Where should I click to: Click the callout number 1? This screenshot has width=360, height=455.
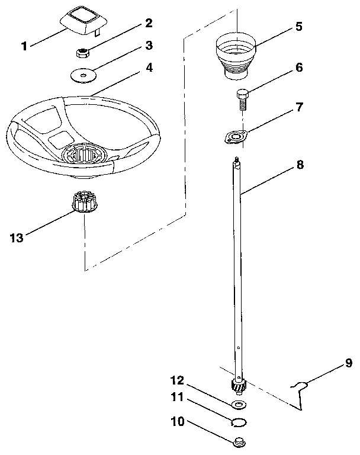coord(24,46)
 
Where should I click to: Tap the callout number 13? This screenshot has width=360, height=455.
coord(18,238)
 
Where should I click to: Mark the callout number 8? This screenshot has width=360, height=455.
coord(300,165)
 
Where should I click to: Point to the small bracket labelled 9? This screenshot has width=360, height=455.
coord(301,388)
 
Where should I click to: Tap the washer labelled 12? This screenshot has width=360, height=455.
coord(239,405)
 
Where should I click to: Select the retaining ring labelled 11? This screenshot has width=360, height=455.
coord(239,422)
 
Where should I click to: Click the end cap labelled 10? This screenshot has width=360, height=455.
coord(240,441)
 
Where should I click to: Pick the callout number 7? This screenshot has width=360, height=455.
coord(300,107)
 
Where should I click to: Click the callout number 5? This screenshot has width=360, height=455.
coord(299,27)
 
